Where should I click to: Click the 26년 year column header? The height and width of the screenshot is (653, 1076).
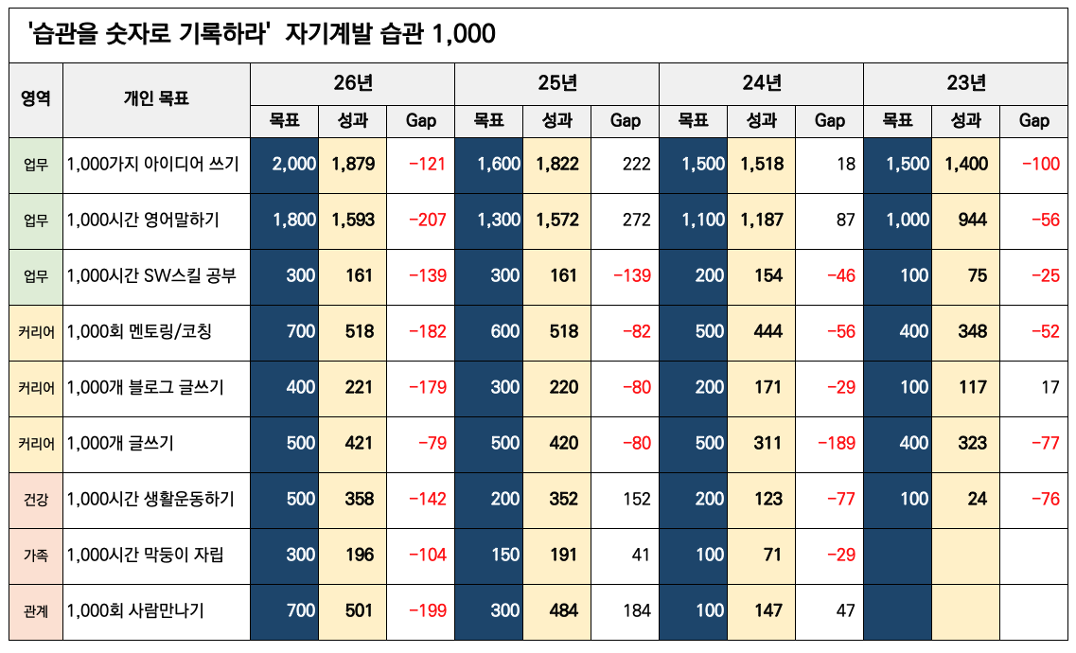coord(353,83)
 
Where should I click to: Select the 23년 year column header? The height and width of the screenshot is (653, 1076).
coord(966,83)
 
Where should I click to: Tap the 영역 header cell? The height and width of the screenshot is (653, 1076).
coord(36,98)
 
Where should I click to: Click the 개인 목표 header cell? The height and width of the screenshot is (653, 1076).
coord(156,98)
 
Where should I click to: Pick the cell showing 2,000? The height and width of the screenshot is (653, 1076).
coord(293,164)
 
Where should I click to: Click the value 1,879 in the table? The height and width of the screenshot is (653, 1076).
coord(353,164)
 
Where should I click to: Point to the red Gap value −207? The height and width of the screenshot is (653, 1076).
coord(426,220)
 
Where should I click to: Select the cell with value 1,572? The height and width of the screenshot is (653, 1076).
coord(557,220)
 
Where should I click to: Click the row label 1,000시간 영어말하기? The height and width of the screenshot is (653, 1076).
coord(143,220)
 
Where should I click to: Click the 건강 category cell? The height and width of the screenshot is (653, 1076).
coord(36,499)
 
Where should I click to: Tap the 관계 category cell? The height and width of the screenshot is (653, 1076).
coord(36,610)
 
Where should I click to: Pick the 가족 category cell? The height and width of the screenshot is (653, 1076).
coord(36,555)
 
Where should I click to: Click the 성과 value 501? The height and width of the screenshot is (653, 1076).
coord(359,610)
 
